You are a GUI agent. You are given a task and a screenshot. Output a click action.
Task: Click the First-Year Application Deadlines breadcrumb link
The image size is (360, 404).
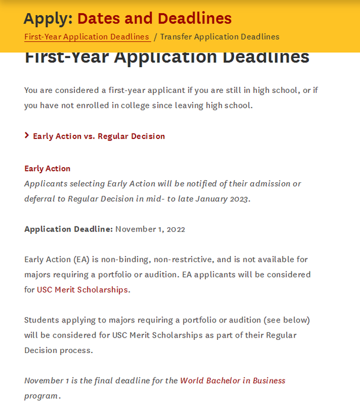point(87,37)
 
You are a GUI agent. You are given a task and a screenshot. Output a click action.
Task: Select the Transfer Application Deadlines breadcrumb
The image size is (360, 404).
point(220,37)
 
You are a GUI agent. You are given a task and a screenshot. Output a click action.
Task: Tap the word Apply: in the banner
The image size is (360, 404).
point(48,19)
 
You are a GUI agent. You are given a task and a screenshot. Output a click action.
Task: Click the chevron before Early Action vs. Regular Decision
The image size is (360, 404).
point(27,135)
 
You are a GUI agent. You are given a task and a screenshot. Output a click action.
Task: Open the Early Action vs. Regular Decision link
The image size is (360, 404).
point(99,136)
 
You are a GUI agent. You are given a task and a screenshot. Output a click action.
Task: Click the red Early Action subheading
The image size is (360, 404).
point(47,168)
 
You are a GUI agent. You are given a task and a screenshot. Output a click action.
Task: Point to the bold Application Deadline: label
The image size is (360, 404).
point(68,229)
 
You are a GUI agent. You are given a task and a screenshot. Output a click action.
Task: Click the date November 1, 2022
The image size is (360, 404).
point(150,229)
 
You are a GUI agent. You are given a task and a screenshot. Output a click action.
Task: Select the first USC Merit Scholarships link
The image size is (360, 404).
point(82,290)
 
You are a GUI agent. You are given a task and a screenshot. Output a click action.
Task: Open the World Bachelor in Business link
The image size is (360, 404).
point(233,381)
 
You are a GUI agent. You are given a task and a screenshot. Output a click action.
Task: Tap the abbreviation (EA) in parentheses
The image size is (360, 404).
point(83,260)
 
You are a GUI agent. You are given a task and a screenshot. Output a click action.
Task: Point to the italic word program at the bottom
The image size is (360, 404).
point(41,396)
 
